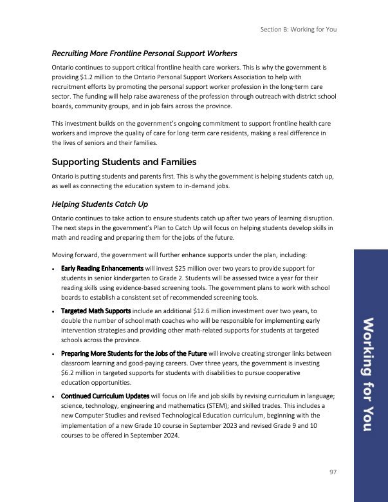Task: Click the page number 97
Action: click(x=333, y=472)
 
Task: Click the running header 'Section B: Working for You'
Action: click(x=299, y=29)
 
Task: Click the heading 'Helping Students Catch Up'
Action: click(x=100, y=204)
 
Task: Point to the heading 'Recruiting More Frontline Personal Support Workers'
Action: click(x=145, y=53)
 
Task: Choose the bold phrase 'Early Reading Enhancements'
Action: click(x=102, y=267)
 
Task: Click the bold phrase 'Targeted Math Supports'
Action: click(x=96, y=311)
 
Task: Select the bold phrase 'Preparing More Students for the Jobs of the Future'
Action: click(x=134, y=354)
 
